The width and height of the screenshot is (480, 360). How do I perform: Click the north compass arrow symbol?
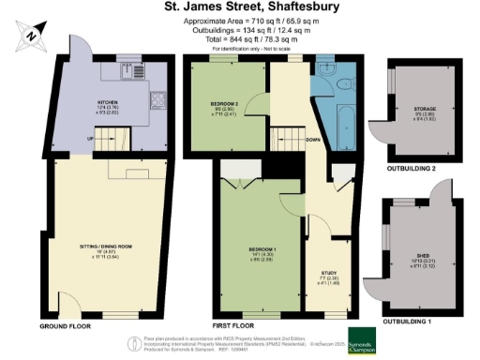(x=32, y=35)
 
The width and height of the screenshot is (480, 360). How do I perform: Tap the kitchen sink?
(x=137, y=71)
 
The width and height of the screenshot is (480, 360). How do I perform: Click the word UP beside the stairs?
(x=91, y=138)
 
